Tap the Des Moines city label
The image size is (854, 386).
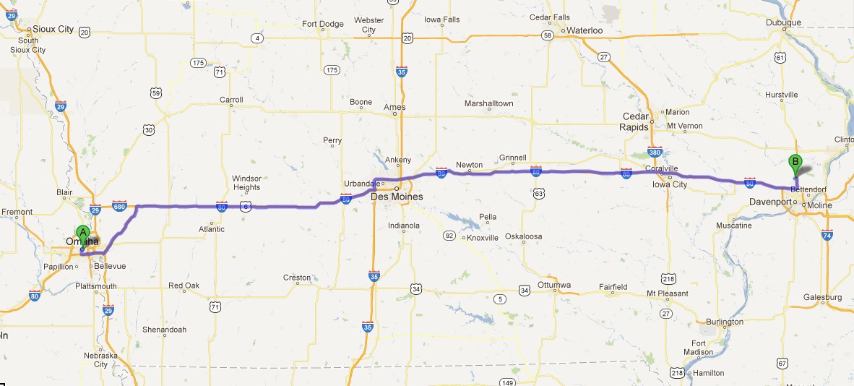pyautogui.click(x=397, y=197)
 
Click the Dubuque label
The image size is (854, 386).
pyautogui.click(x=784, y=22)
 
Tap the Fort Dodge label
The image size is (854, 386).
pyautogui.click(x=323, y=24)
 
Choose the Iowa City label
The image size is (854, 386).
pyautogui.click(x=670, y=184)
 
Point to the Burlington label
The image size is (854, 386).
pyautogui.click(x=725, y=322)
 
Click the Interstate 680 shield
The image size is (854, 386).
pyautogui.click(x=121, y=206)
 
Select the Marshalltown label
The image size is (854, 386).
pyautogui.click(x=488, y=103)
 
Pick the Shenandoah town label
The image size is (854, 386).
pyautogui.click(x=164, y=330)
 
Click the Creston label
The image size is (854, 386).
pyautogui.click(x=297, y=278)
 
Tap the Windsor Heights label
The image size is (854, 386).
pyautogui.click(x=246, y=183)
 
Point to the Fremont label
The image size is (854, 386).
pyautogui.click(x=17, y=212)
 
